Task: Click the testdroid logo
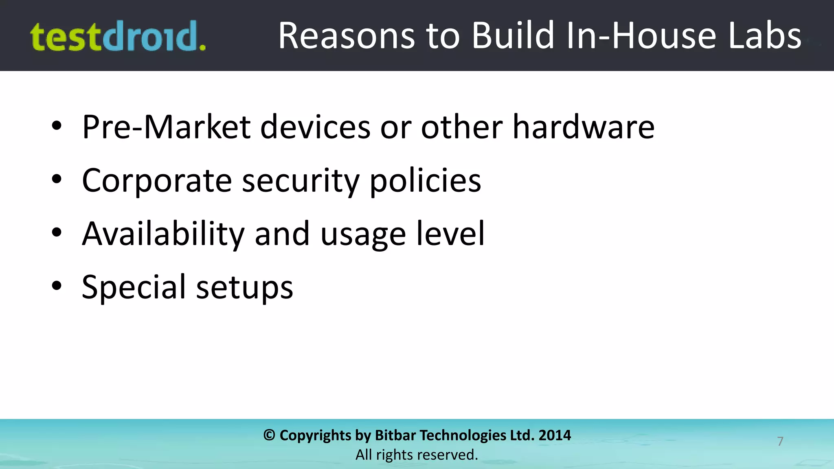pyautogui.click(x=118, y=37)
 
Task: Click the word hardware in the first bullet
pyautogui.click(x=583, y=127)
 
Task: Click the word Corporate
pyautogui.click(x=157, y=180)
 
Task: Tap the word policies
pyautogui.click(x=425, y=180)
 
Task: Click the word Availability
pyautogui.click(x=163, y=234)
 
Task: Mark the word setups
pyautogui.click(x=244, y=287)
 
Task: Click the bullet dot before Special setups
pyautogui.click(x=57, y=286)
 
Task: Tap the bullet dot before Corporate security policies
pyautogui.click(x=57, y=179)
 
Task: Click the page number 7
pyautogui.click(x=780, y=441)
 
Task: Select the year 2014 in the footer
pyautogui.click(x=555, y=435)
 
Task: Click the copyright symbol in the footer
pyautogui.click(x=269, y=435)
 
